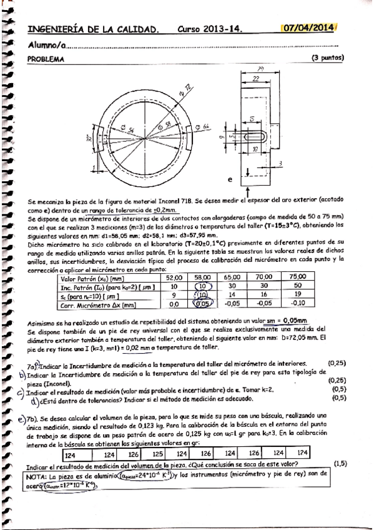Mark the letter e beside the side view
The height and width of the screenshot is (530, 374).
point(229,179)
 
